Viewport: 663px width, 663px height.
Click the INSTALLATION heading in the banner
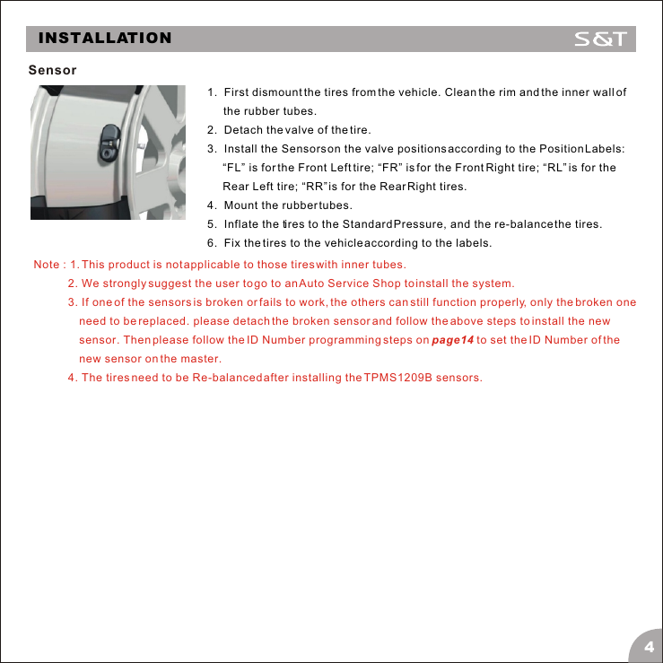(105, 39)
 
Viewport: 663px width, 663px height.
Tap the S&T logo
(604, 39)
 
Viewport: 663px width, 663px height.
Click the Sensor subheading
(52, 70)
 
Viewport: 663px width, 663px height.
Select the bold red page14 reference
(452, 340)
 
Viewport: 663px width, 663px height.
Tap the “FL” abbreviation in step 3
(236, 168)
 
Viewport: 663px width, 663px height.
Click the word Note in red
(47, 265)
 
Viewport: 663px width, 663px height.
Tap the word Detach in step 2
(243, 130)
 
